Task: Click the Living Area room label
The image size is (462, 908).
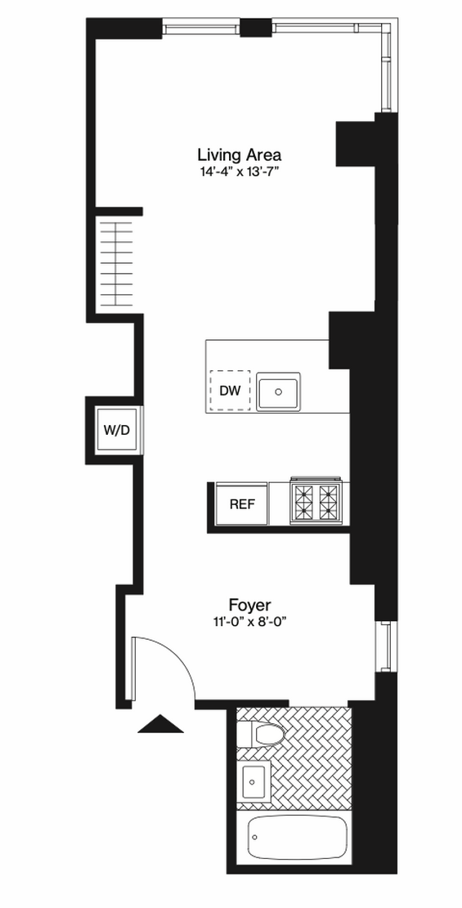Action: click(240, 155)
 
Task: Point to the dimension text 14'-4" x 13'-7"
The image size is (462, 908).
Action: click(240, 172)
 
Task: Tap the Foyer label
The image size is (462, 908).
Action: click(250, 606)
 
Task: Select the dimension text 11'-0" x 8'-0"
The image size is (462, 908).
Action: click(250, 623)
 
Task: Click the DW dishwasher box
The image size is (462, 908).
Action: click(230, 391)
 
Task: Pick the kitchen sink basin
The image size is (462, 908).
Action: click(278, 392)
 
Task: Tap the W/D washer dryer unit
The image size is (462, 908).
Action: click(117, 430)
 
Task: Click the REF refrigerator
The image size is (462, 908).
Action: click(242, 503)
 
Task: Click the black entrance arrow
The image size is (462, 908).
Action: click(160, 724)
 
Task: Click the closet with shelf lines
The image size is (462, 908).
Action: click(118, 261)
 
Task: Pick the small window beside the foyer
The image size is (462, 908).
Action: click(385, 646)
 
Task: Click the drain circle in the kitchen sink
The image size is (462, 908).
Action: click(278, 391)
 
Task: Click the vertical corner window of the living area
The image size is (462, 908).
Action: click(388, 66)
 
